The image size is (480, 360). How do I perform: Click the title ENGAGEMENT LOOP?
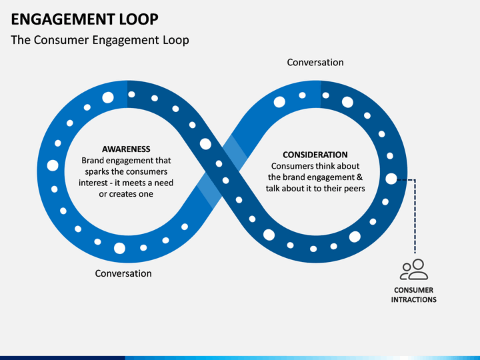[x=85, y=19]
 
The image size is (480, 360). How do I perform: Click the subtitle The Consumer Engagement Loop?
[x=100, y=40]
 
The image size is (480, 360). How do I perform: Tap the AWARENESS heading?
[x=126, y=149]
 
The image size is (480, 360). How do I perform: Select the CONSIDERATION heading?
[x=315, y=155]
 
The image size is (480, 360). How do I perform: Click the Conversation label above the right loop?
[x=315, y=63]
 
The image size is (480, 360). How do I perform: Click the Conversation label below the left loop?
[x=123, y=273]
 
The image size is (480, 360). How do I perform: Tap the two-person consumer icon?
[x=414, y=269]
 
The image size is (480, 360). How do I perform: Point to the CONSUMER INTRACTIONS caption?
[x=413, y=295]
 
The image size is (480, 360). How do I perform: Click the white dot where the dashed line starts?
[x=391, y=179]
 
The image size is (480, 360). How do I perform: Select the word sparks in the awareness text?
[x=95, y=172]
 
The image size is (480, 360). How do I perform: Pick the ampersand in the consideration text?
[x=360, y=177]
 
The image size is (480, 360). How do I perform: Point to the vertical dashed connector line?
[x=415, y=217]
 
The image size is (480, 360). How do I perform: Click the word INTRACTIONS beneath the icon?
[x=413, y=299]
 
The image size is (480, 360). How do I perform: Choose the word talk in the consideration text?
[x=273, y=188]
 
